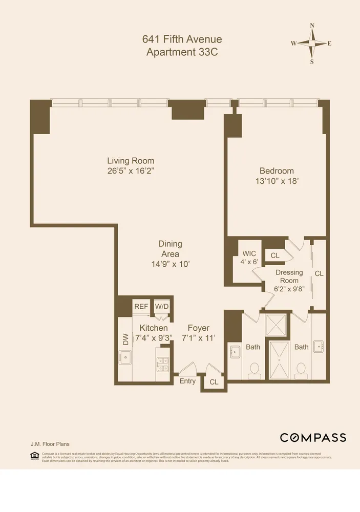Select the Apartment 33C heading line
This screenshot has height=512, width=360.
pos(182,52)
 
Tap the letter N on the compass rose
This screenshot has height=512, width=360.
pos(312,25)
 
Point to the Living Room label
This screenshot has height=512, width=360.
pos(131,161)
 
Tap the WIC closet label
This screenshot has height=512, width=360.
pos(249,253)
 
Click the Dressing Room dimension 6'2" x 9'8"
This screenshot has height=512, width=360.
pos(289,288)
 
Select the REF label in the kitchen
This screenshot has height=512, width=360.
pos(141,306)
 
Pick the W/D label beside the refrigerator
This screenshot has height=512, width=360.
pos(162,306)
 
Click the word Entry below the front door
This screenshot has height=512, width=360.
pos(187,381)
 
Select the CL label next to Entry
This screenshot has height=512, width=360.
pos(214,382)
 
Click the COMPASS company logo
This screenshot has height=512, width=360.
pos(312,437)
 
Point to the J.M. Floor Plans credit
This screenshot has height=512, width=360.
pos(48,444)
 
